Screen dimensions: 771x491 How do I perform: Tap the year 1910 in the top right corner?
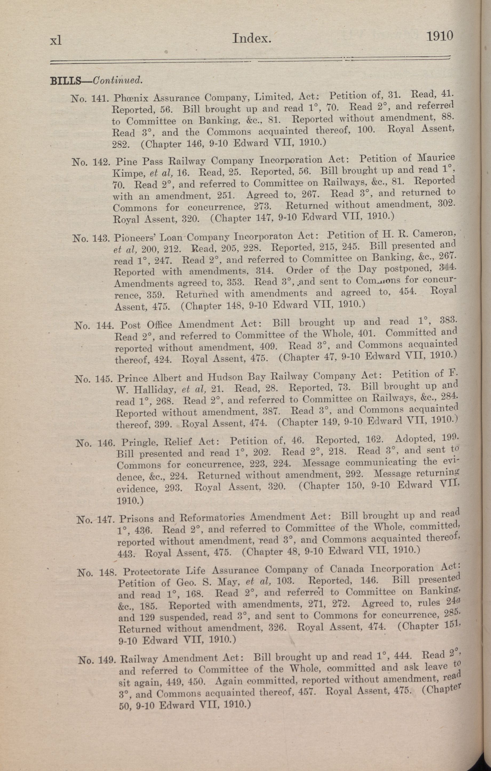point(440,35)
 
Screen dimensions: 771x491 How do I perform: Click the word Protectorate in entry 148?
point(152,571)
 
